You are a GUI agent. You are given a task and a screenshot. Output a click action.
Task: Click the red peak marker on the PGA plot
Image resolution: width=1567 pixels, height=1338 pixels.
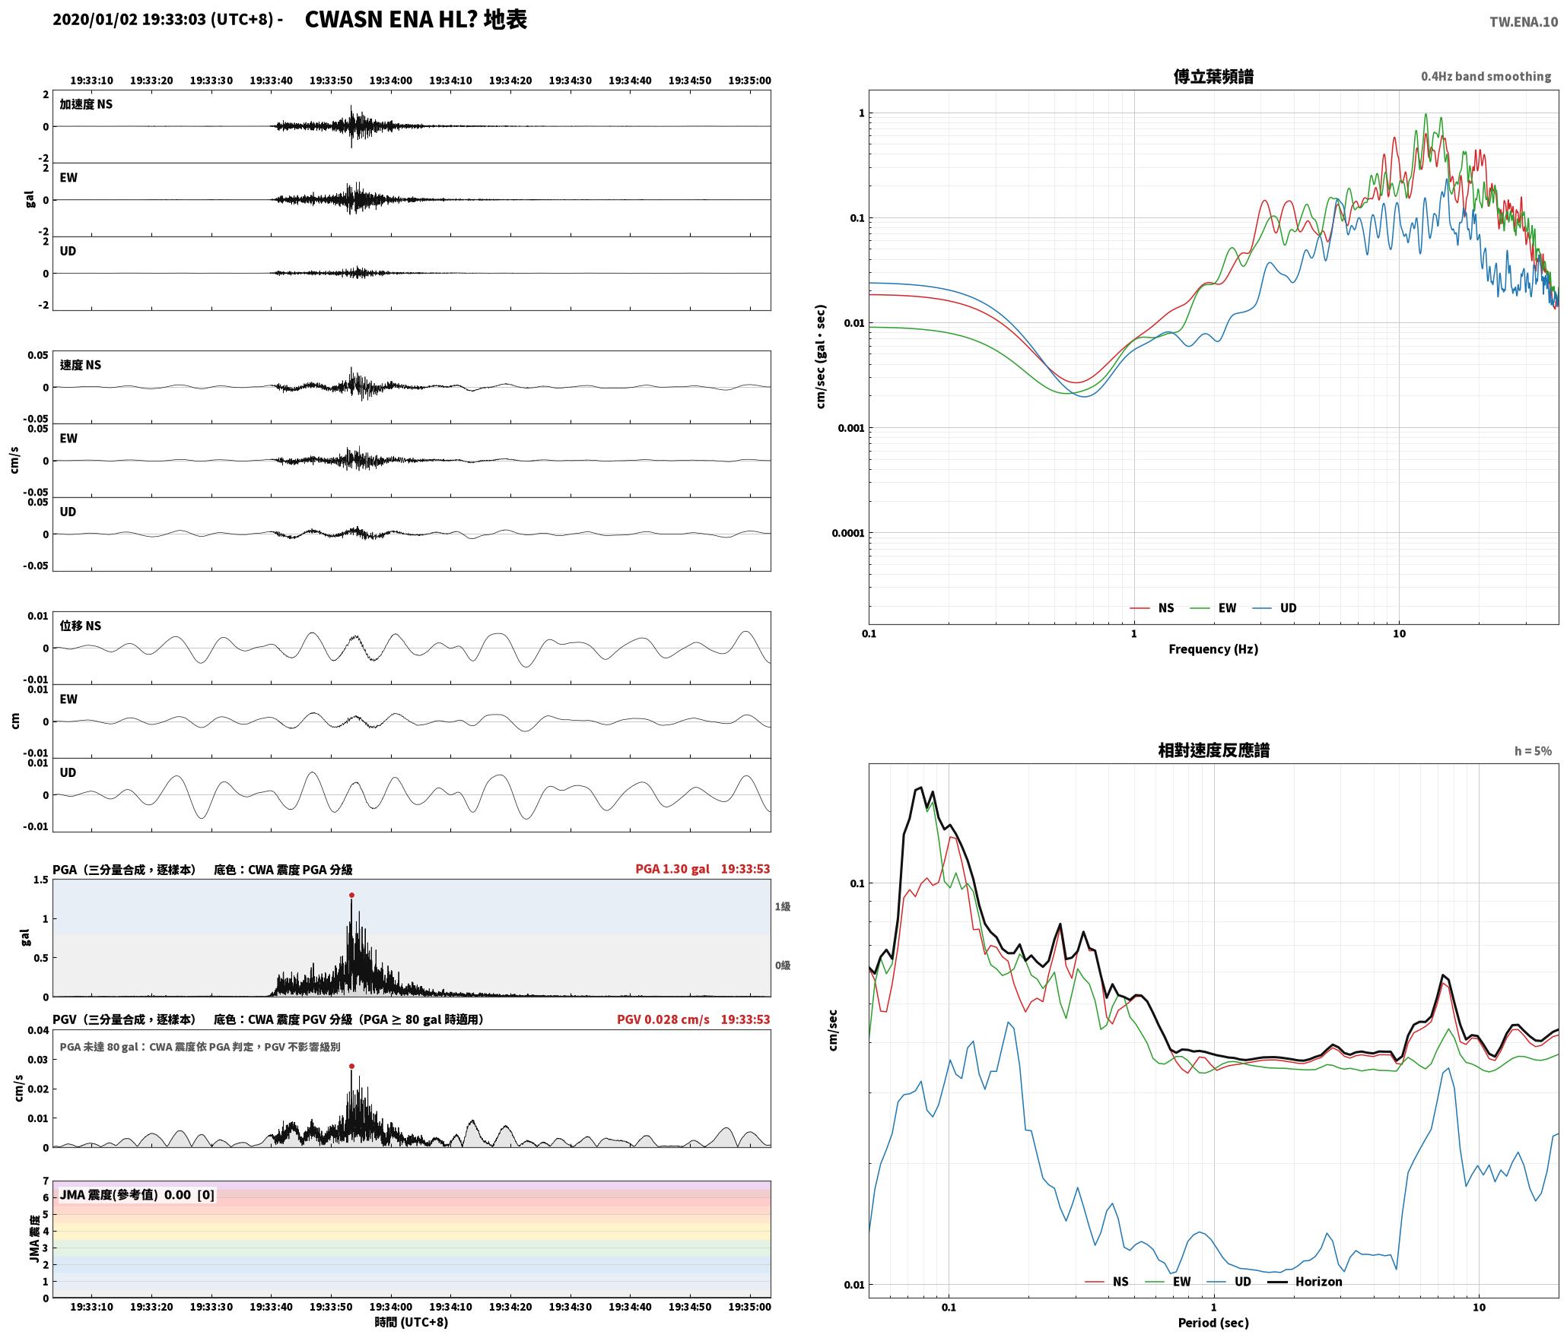tap(351, 895)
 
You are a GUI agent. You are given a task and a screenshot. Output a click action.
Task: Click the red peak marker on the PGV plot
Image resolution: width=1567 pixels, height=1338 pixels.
tap(351, 1066)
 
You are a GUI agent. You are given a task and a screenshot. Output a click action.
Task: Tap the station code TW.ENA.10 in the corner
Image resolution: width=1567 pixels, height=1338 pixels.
tap(1524, 22)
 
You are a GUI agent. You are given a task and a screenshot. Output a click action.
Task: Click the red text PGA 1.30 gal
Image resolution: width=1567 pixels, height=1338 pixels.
tap(672, 869)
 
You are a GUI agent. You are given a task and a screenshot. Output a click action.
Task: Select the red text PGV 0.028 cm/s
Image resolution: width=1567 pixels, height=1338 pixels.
tap(663, 1019)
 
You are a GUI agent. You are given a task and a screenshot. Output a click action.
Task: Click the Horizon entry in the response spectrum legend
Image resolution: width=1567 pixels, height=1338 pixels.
tap(1305, 1282)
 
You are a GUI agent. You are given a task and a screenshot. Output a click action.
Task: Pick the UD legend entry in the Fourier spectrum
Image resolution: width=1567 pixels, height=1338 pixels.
tap(1275, 608)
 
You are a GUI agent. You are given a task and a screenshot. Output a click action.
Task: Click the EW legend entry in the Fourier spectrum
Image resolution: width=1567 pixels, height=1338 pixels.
tap(1214, 608)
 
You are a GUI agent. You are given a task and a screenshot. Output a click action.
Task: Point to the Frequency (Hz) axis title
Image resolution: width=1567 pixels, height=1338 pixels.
tap(1213, 649)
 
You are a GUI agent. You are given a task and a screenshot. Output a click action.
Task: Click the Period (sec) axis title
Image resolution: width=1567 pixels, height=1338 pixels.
tap(1213, 1323)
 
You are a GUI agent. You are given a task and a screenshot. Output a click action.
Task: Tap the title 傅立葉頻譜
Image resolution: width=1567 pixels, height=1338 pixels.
tap(1213, 77)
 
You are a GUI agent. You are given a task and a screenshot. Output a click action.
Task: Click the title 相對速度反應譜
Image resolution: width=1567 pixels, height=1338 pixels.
tap(1213, 750)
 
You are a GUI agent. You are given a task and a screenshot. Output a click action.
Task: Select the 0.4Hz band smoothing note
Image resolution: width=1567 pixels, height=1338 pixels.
tap(1486, 77)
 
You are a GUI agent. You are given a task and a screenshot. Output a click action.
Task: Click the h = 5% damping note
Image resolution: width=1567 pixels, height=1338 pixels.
tap(1533, 751)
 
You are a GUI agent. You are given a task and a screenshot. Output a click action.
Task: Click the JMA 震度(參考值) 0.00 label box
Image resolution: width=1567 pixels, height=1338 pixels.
tap(137, 1195)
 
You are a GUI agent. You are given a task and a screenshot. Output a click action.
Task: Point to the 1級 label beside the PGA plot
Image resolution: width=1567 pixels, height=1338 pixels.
tap(783, 907)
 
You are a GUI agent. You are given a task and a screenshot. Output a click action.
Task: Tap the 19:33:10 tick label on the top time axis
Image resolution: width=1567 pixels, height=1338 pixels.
tap(92, 81)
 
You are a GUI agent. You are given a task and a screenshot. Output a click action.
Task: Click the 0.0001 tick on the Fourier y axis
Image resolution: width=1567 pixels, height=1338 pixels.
tap(847, 533)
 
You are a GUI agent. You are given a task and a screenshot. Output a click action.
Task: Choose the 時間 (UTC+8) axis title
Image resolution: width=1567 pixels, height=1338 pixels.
tap(412, 1323)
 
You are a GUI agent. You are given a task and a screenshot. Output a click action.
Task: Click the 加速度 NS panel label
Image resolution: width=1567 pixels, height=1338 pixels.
tap(86, 104)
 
